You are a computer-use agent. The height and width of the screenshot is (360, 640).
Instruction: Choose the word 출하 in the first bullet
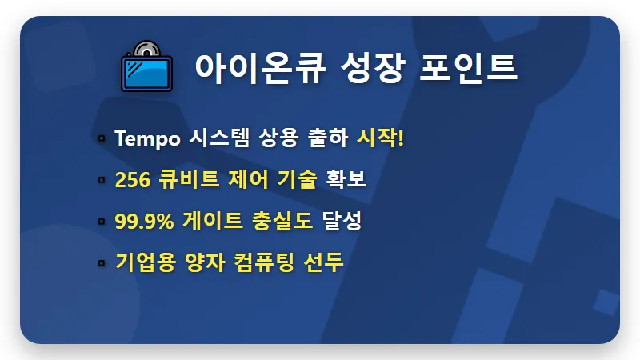(x=326, y=138)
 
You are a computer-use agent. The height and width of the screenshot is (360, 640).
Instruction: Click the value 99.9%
(x=145, y=222)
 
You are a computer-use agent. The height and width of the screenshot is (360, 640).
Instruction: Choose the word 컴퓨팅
(x=263, y=262)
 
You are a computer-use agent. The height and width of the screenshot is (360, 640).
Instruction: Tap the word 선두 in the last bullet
(x=325, y=262)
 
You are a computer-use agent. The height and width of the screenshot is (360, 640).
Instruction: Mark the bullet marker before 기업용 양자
(x=102, y=263)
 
